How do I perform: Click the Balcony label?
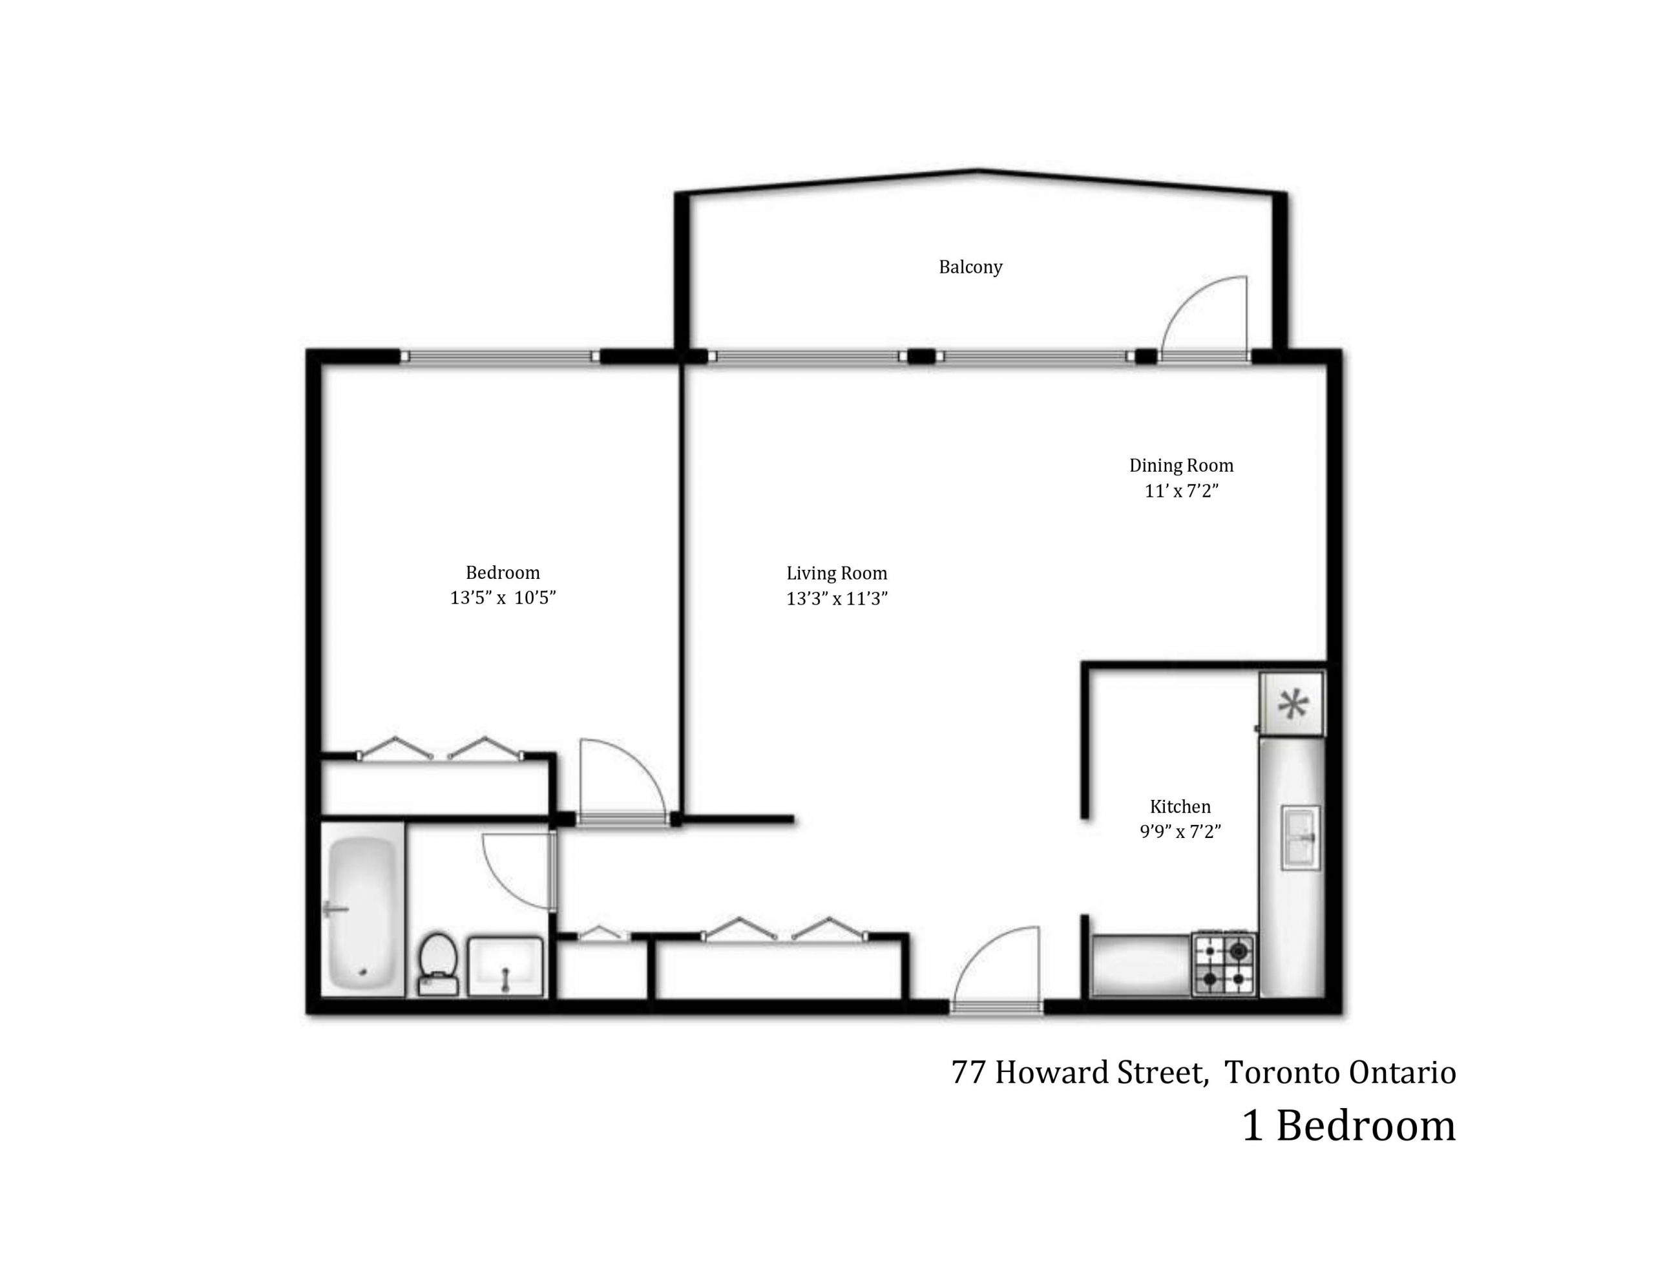(x=970, y=267)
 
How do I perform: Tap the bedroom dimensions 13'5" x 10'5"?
(x=503, y=598)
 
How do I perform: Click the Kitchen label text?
(x=1180, y=806)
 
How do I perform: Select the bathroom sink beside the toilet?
(x=505, y=967)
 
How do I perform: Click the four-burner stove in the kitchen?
(x=1224, y=963)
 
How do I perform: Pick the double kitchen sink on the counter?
(x=1301, y=837)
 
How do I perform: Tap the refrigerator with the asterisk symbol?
(x=1293, y=704)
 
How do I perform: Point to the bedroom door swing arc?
(x=623, y=777)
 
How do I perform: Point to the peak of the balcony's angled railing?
(x=978, y=171)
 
